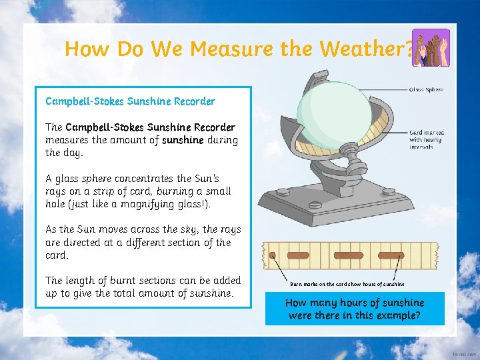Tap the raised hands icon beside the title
click(x=431, y=47)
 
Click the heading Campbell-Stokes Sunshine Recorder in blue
click(x=130, y=101)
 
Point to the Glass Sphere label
click(x=426, y=89)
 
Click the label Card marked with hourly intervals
click(x=427, y=139)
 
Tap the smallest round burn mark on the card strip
click(x=272, y=255)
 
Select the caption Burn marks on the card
click(x=347, y=284)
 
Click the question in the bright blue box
click(x=355, y=309)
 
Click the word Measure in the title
click(x=223, y=49)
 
